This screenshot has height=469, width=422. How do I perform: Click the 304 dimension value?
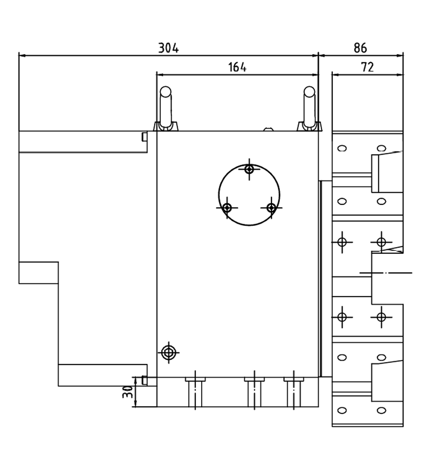click(x=168, y=48)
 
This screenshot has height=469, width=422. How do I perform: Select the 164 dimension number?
click(x=237, y=67)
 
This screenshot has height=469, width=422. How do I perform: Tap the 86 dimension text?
click(x=360, y=48)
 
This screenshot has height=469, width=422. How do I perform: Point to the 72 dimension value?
click(x=368, y=67)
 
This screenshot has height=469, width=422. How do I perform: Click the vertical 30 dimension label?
click(x=128, y=392)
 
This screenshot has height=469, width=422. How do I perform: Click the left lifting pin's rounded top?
click(x=166, y=91)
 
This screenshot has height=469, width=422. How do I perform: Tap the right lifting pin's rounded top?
click(x=309, y=91)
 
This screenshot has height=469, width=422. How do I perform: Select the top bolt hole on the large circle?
click(x=249, y=169)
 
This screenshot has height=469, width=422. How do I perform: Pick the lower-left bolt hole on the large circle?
click(x=227, y=207)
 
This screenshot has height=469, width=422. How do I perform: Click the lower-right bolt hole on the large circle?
click(x=271, y=207)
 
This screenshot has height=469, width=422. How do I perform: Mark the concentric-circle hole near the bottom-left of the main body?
click(x=169, y=353)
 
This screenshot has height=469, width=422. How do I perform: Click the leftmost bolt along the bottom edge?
click(x=196, y=392)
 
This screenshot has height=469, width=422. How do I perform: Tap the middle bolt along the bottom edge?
click(x=254, y=392)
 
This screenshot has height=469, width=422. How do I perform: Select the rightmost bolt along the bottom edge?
click(x=294, y=392)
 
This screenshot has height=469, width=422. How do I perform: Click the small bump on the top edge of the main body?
click(x=269, y=129)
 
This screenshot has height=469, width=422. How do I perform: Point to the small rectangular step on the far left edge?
click(x=38, y=273)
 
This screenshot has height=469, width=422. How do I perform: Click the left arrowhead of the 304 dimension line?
click(x=22, y=56)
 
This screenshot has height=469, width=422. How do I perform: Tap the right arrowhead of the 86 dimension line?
click(x=400, y=56)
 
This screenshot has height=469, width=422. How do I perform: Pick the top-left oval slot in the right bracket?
click(x=342, y=148)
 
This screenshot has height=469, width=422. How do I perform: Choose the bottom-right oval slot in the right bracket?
click(x=381, y=410)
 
